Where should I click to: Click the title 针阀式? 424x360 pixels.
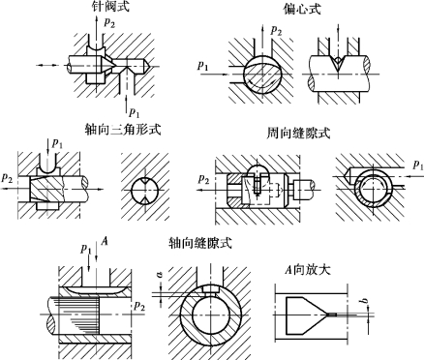pos(110,7)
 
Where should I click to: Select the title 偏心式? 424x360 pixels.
pos(302,9)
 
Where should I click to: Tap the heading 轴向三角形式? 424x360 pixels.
pos(123,130)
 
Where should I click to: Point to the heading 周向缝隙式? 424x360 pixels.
pos(299,133)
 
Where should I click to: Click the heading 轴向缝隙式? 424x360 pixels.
pos(200,243)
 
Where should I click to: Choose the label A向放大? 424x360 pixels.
pos(308,269)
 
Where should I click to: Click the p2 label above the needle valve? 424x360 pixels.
pos(109,22)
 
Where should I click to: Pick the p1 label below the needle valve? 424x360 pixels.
pos(135,112)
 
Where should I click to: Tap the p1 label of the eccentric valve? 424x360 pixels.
pos(203,66)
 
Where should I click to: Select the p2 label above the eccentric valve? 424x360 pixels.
pos(276,30)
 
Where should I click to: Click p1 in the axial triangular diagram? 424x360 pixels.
pos(57,144)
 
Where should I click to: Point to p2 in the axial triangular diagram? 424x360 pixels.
pos(7,178)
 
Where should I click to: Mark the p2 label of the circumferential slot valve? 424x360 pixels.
pos(204,179)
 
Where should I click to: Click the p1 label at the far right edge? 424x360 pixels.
pos(418,165)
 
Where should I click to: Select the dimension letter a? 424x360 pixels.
pos(161,275)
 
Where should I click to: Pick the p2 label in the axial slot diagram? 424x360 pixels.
pos(139,306)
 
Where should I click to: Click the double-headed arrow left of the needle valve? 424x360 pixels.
pos(47,66)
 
